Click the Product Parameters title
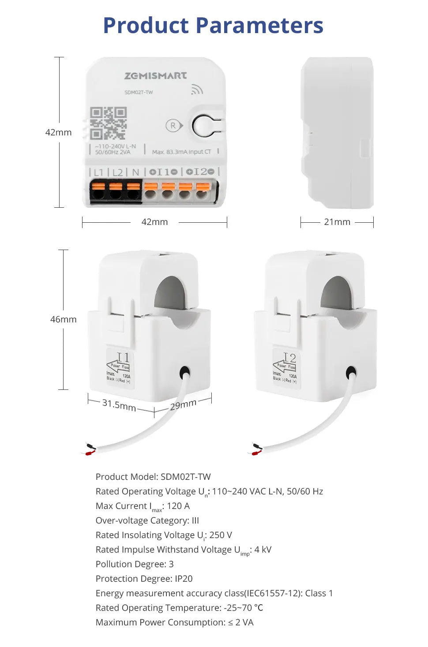click(213, 26)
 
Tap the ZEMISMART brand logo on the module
click(155, 76)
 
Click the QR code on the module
click(108, 123)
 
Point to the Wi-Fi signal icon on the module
click(197, 90)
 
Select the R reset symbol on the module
click(173, 126)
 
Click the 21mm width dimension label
click(337, 222)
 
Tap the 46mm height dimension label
click(63, 319)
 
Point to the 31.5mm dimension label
click(119, 404)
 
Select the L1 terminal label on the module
click(98, 172)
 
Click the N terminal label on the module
click(135, 172)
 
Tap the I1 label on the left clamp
click(123, 357)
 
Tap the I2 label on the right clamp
click(289, 357)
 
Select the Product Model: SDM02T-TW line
click(153, 477)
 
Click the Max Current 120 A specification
click(143, 506)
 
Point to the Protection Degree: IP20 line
click(144, 579)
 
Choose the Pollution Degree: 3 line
click(135, 564)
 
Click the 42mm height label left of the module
click(58, 132)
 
